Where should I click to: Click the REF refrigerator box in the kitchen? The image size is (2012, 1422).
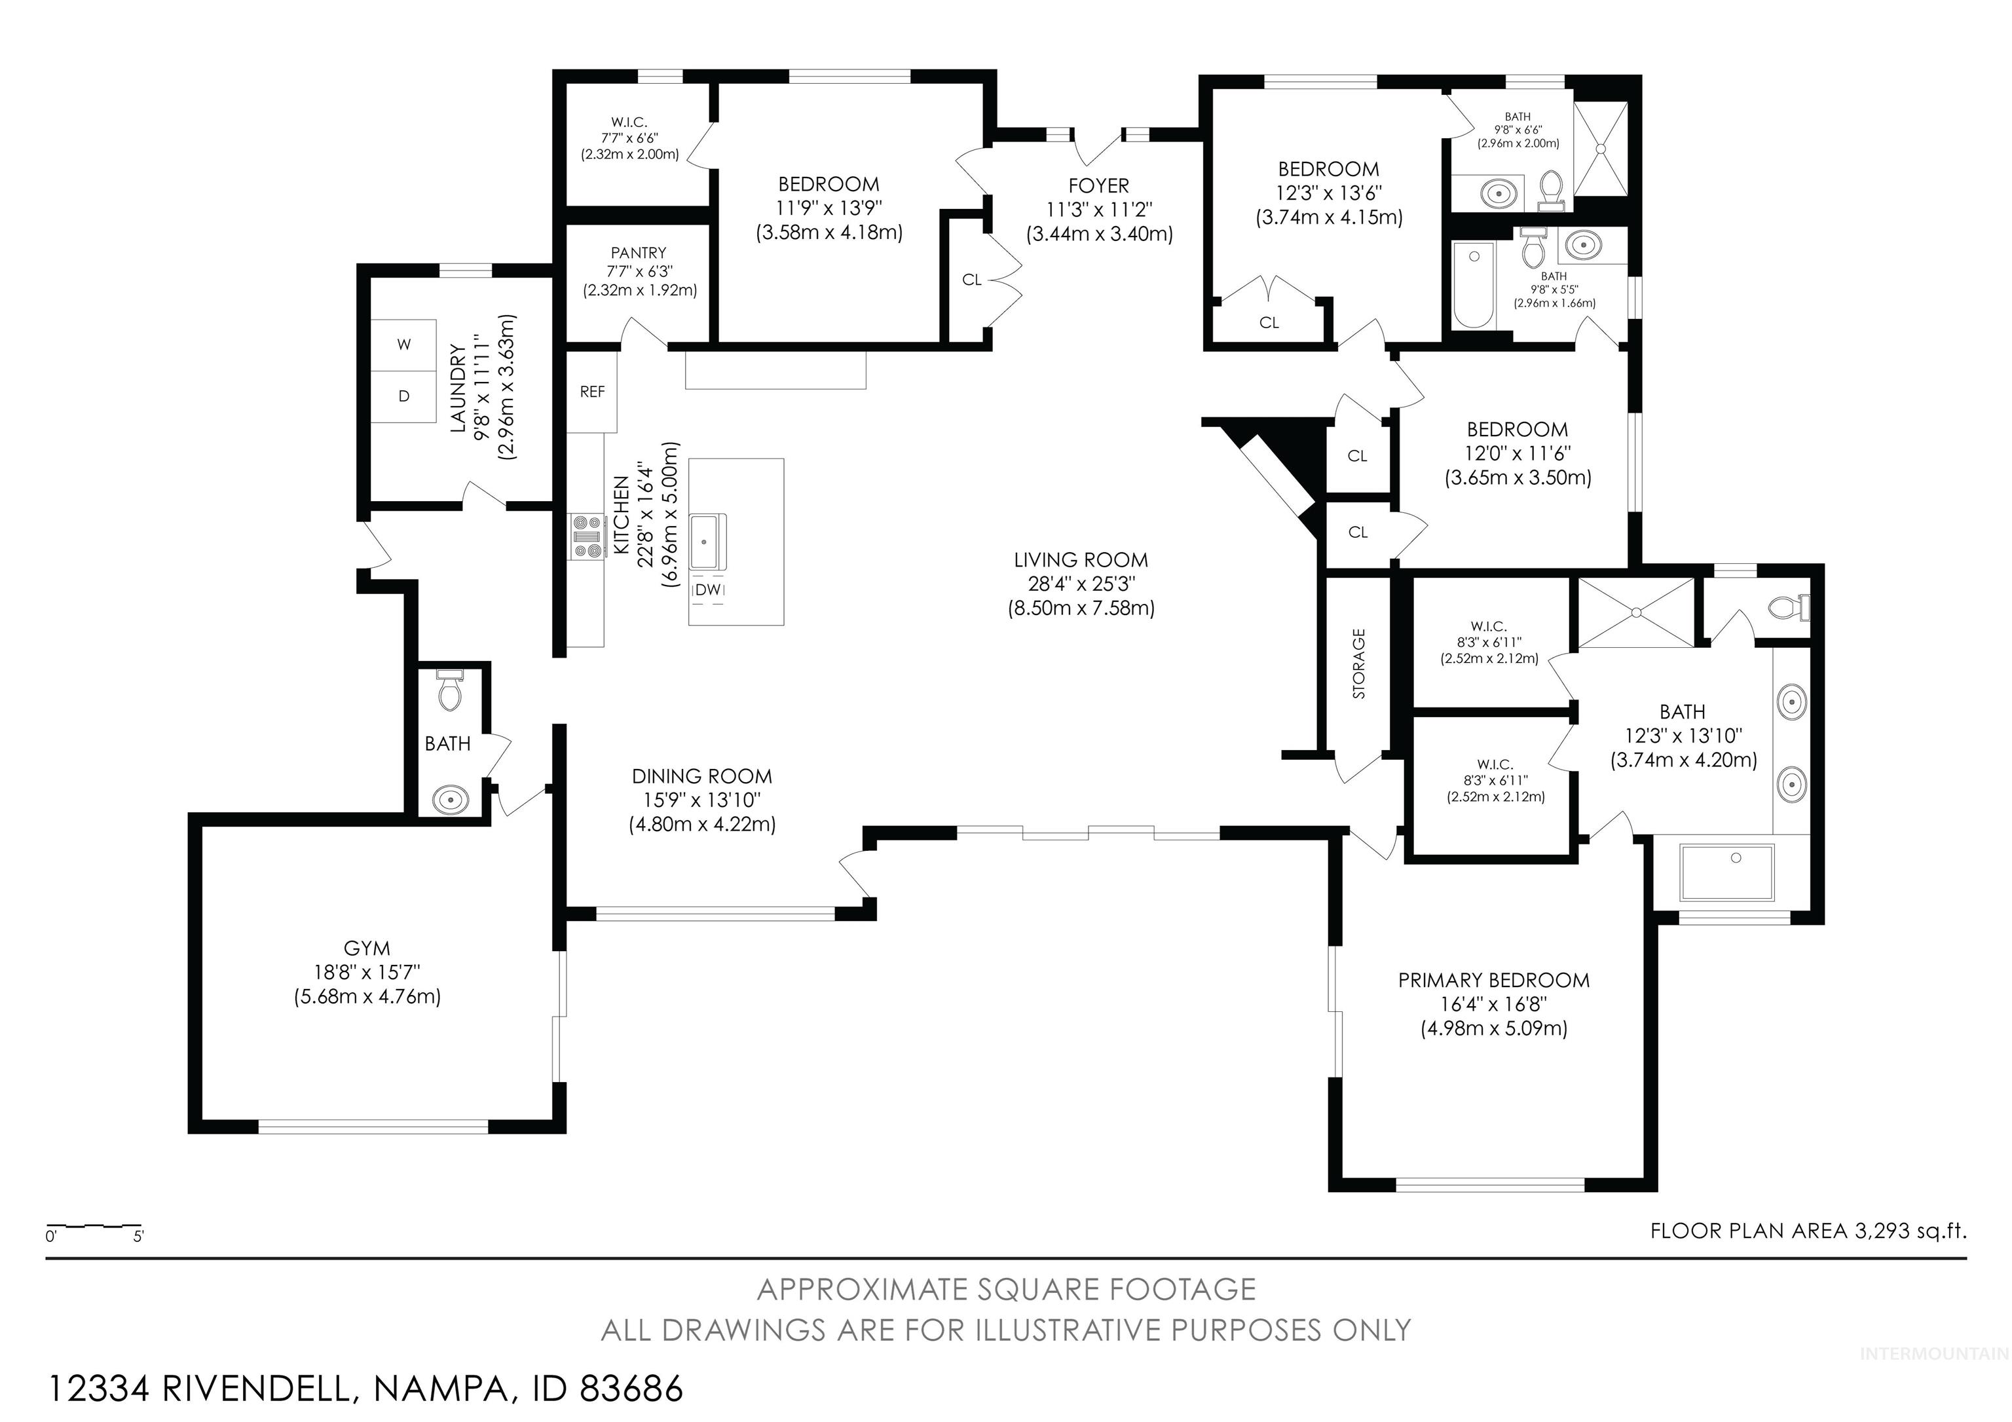click(591, 392)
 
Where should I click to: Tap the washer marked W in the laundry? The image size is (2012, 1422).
click(404, 345)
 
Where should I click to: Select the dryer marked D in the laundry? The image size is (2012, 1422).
click(404, 397)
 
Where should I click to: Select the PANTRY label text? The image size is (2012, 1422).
click(638, 252)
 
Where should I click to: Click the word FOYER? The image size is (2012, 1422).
click(1098, 186)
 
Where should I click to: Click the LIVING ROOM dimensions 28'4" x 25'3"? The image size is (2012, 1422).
click(1081, 584)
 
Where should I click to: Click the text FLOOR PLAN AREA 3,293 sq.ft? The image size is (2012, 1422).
click(1808, 1231)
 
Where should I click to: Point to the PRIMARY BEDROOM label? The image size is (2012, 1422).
click(1493, 981)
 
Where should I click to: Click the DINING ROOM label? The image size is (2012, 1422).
click(702, 776)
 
